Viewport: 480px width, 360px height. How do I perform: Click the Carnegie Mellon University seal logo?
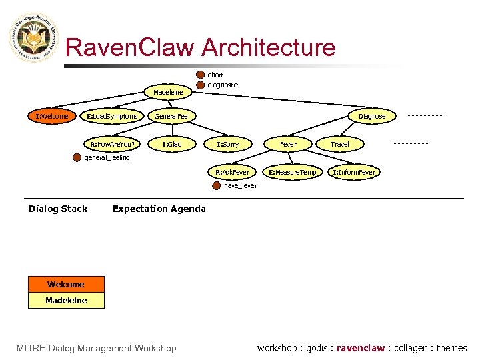(33, 39)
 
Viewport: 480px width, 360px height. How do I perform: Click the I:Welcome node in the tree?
(52, 117)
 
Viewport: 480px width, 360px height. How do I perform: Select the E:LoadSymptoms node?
(113, 117)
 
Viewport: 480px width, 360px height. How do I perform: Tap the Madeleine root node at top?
(168, 92)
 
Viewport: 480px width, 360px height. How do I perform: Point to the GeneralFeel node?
(172, 117)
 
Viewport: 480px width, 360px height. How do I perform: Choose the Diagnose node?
(371, 116)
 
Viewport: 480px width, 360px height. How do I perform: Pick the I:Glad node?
(172, 144)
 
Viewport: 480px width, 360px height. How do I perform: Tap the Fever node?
(288, 144)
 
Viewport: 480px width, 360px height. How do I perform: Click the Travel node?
(339, 144)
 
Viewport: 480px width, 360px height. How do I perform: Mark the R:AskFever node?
(232, 173)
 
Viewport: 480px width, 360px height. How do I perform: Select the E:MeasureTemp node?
(293, 173)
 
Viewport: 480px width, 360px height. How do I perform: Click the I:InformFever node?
(354, 173)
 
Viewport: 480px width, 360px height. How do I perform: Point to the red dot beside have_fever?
(215, 186)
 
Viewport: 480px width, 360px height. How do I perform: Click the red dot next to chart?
(201, 75)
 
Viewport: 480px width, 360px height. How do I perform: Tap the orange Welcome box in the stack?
(66, 285)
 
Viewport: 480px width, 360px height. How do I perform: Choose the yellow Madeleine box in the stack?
(66, 301)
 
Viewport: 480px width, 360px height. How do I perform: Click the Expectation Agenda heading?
(159, 209)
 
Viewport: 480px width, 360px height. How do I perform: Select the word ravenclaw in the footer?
(361, 348)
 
